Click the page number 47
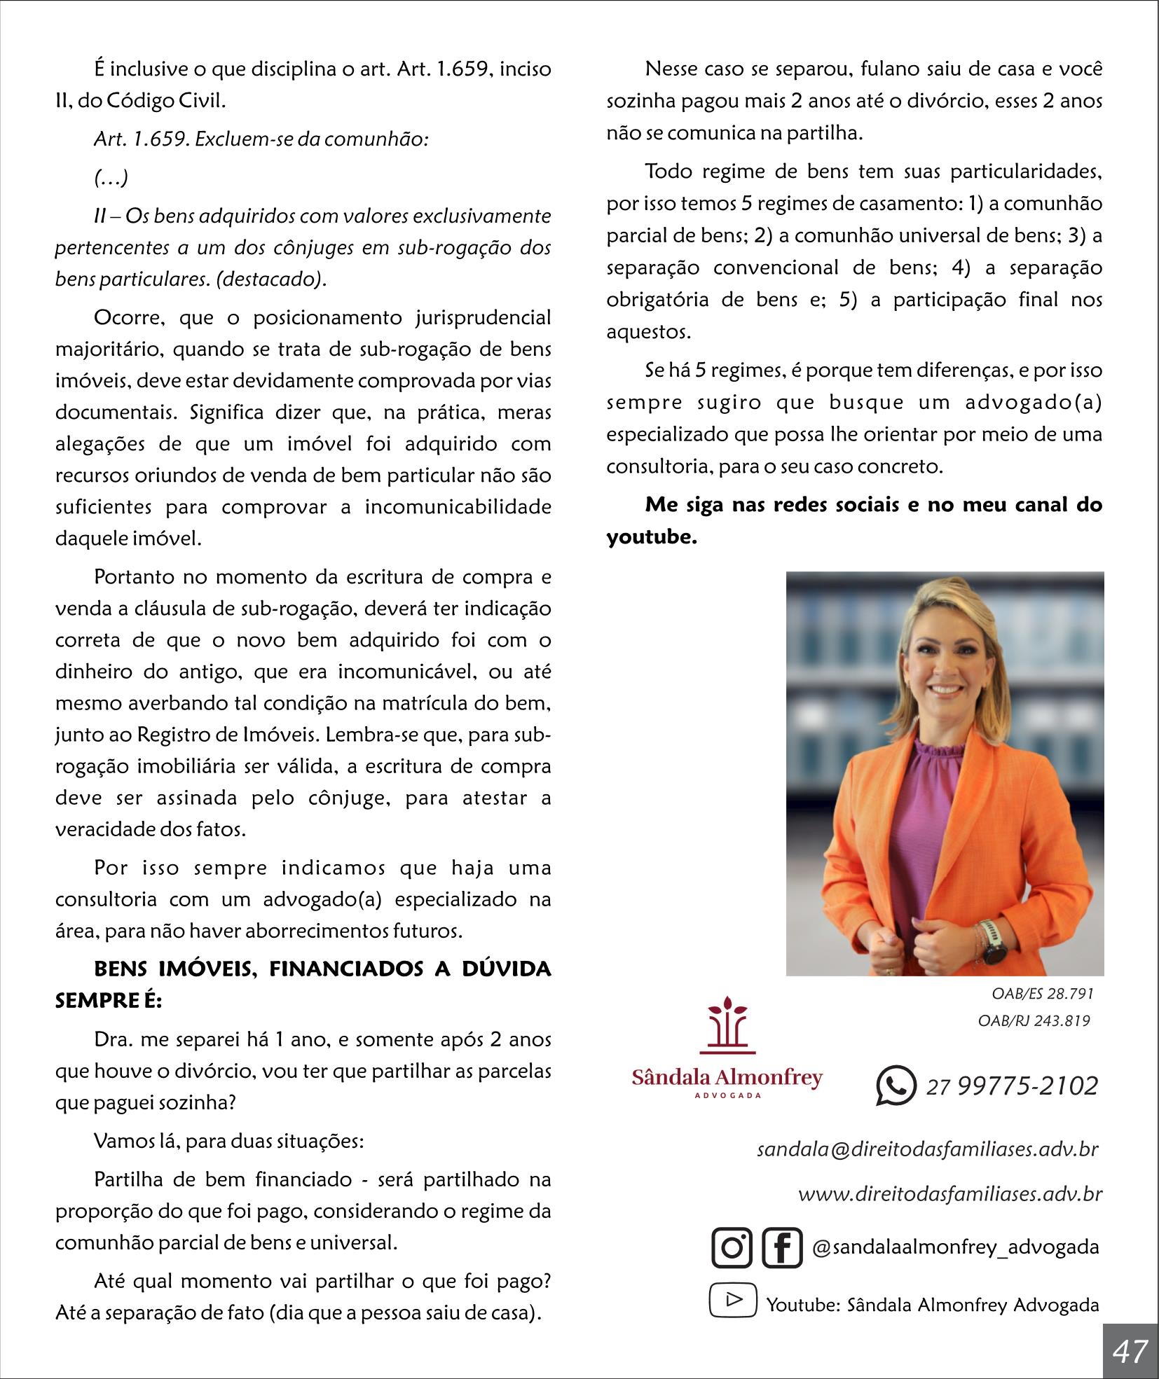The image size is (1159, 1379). pos(1130,1350)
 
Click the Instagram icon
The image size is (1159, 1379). pos(732,1247)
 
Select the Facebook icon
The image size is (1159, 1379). pos(781,1247)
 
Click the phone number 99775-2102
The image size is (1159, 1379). pos(1027,1086)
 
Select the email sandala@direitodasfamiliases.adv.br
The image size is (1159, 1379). pos(927,1149)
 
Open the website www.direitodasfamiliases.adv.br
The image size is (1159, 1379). pos(949,1193)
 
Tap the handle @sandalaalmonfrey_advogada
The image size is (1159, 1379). pos(955,1247)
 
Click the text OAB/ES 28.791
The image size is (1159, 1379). pos(1042,994)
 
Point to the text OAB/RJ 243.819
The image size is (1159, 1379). pos(1034,1020)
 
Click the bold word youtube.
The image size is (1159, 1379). pos(652,537)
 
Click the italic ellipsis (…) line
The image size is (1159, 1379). pos(111,178)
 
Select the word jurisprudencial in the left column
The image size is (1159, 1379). pos(483,317)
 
